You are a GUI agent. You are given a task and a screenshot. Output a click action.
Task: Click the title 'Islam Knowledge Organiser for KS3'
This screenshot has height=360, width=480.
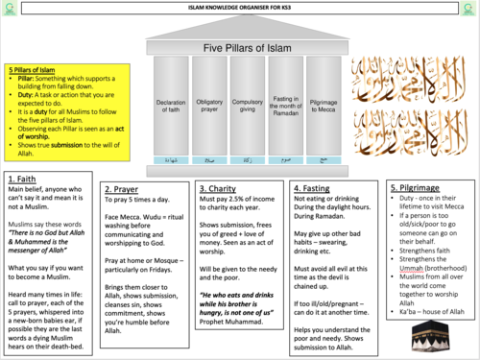pos(240,7)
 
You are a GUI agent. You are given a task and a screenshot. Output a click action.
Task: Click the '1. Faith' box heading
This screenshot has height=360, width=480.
pos(24,180)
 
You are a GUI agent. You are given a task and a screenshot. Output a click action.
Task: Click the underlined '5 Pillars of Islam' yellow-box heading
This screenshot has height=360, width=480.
pos(32,71)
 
